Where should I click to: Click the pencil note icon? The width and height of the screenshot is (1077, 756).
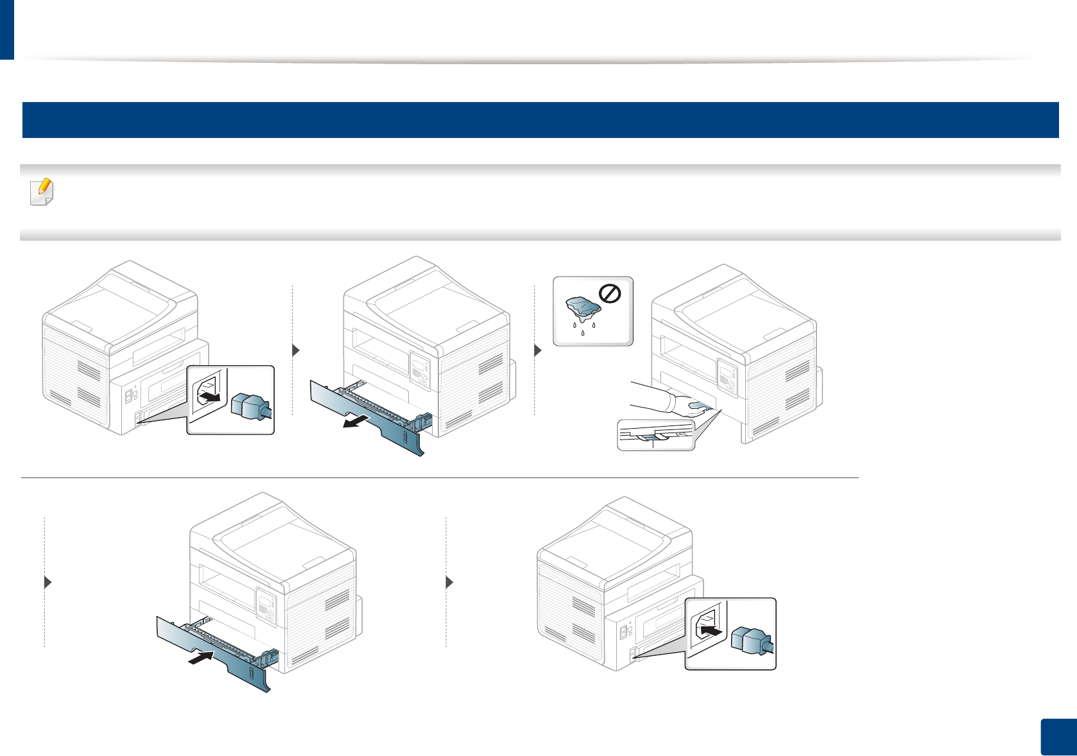pyautogui.click(x=42, y=192)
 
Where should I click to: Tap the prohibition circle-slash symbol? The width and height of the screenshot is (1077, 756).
pyautogui.click(x=609, y=295)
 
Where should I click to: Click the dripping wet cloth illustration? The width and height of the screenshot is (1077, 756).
pyautogui.click(x=583, y=309)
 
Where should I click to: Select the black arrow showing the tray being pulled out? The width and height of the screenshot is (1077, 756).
pyautogui.click(x=356, y=422)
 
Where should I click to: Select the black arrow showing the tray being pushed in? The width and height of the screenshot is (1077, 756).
pyautogui.click(x=202, y=657)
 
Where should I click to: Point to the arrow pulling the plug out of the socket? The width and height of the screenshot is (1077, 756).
pyautogui.click(x=210, y=398)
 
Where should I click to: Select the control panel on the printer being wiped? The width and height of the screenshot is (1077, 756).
pyautogui.click(x=727, y=376)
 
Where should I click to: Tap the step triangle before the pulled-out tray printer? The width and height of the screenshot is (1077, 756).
pyautogui.click(x=296, y=350)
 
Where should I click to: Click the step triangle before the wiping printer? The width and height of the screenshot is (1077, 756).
pyautogui.click(x=538, y=350)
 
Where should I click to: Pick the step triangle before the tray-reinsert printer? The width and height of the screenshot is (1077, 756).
pyautogui.click(x=47, y=582)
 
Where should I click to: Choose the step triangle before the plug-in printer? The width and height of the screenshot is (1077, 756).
pyautogui.click(x=449, y=582)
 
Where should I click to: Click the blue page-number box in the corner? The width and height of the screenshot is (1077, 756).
pyautogui.click(x=1057, y=737)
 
